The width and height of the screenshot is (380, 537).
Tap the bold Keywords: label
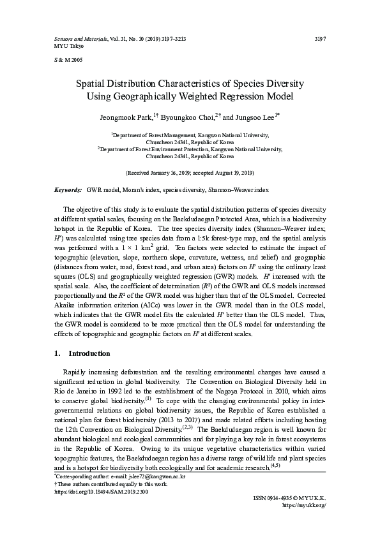point(68,190)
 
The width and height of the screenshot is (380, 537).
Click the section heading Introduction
point(89,353)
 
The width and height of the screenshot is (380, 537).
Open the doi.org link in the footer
point(96,492)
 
